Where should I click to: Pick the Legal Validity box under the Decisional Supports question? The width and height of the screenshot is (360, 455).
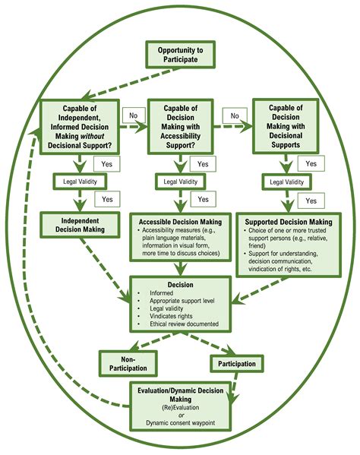[283, 182]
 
